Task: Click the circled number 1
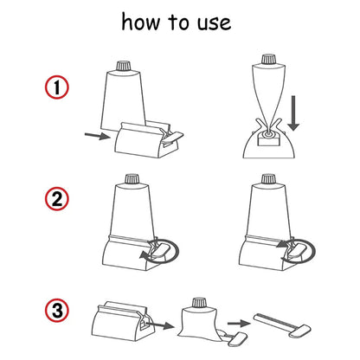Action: (57, 88)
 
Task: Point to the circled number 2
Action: (57, 200)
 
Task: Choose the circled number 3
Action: (57, 309)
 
